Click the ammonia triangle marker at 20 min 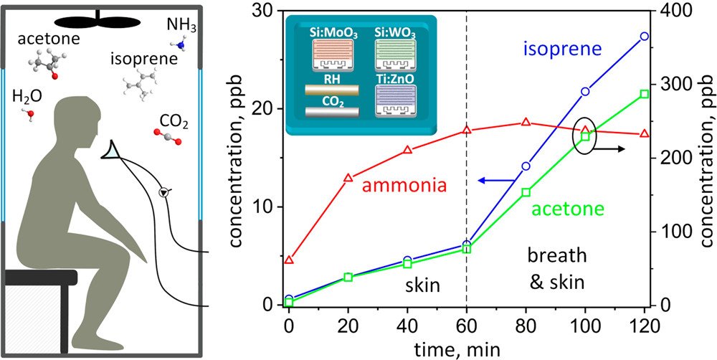tap(348, 178)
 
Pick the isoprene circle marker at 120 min tap(644, 36)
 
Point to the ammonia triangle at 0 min tap(289, 260)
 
